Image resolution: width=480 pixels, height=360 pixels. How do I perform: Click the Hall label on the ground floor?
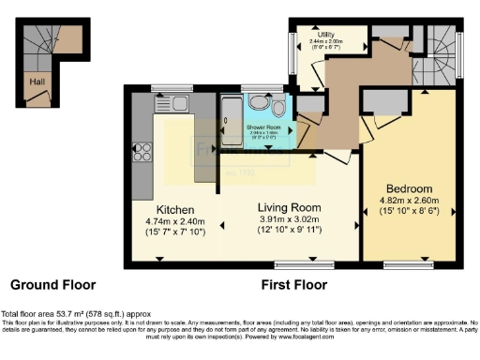point(35,81)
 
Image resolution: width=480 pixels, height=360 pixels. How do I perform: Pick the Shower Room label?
point(264,126)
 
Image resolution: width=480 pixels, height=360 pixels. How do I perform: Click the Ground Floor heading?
point(52,284)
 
